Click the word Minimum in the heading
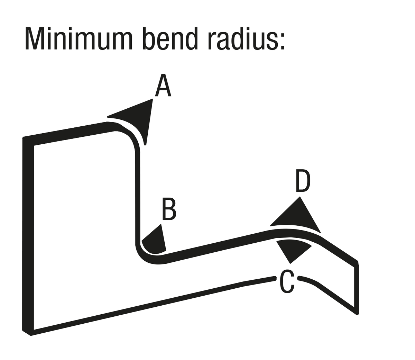(x=79, y=38)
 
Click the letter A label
(x=163, y=85)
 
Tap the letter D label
(x=303, y=180)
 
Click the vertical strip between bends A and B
(x=137, y=197)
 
